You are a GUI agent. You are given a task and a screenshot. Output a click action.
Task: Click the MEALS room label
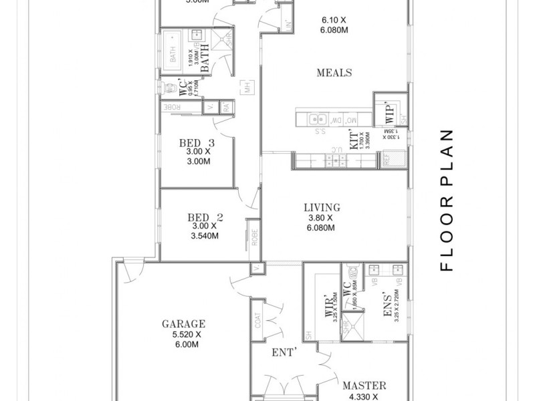334,73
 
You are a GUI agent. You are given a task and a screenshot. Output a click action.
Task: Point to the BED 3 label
197,142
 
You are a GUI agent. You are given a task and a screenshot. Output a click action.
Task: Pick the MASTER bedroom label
364,386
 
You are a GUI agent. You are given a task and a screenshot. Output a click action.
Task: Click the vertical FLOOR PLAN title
447,200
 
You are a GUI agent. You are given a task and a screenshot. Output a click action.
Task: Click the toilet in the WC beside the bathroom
167,88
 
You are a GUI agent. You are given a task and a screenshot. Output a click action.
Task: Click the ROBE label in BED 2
254,238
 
